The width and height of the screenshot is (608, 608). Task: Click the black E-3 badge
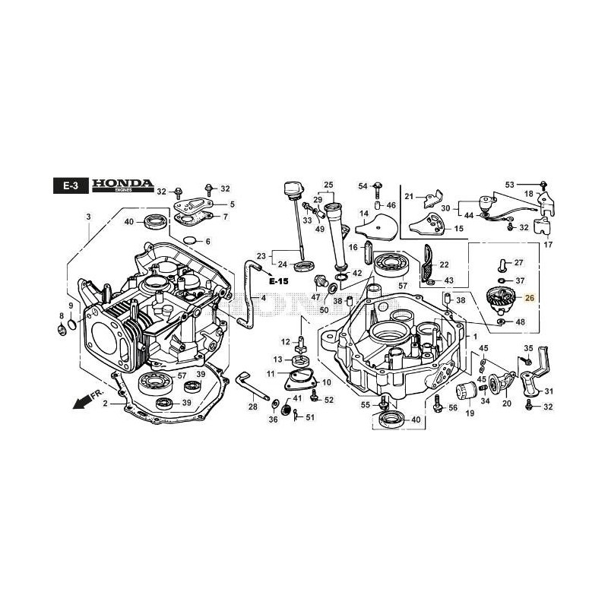(x=71, y=187)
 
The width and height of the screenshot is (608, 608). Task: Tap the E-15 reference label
(x=279, y=281)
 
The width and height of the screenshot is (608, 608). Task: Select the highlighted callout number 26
(x=530, y=298)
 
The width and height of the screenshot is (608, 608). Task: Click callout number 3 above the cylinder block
(x=88, y=217)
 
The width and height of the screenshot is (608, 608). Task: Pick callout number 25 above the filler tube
(x=329, y=185)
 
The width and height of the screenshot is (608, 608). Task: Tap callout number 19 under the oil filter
(x=470, y=413)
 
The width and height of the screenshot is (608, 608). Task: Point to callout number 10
(x=327, y=382)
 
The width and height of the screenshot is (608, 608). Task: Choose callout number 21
(x=409, y=197)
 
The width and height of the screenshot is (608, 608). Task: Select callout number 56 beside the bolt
(x=453, y=408)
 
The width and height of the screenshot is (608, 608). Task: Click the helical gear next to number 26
(x=499, y=299)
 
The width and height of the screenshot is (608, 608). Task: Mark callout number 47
(x=315, y=299)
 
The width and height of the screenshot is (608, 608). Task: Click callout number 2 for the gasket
(x=105, y=404)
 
